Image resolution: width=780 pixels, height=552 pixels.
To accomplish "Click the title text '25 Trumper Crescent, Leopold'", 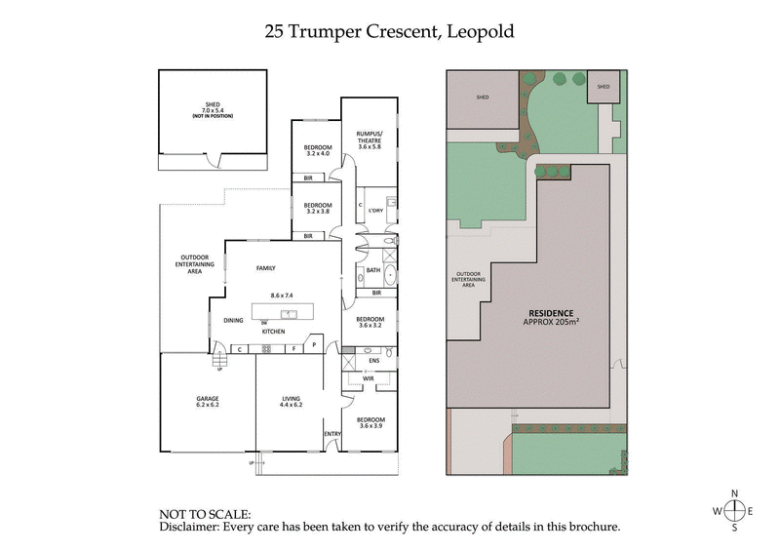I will click(x=390, y=32).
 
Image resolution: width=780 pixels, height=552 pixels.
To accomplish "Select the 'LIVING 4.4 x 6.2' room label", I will click(x=291, y=402).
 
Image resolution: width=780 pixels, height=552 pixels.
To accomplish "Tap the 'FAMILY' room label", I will click(x=266, y=268).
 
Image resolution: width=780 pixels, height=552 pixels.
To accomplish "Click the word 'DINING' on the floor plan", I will click(x=233, y=319).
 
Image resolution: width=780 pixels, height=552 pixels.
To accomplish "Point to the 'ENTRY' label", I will click(x=332, y=434).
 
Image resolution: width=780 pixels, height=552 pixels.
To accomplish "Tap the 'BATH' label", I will click(x=372, y=270).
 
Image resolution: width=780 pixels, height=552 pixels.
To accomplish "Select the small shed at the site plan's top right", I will click(x=603, y=87).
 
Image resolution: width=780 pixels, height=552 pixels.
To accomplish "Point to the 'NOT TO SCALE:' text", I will click(x=205, y=512).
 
